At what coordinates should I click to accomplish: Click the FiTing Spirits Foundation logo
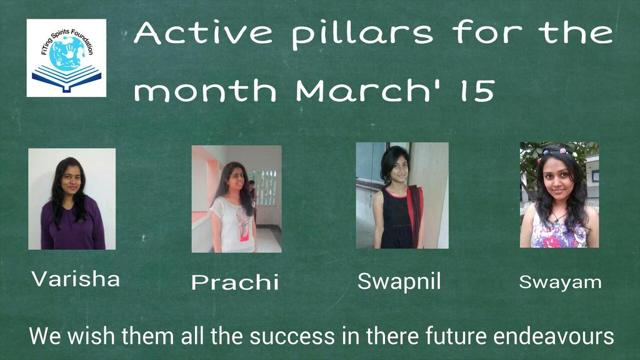pos(66,57)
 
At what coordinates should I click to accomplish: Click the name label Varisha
pos(76,279)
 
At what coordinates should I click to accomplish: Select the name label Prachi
pos(235,282)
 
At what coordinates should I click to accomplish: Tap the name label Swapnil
pos(399,282)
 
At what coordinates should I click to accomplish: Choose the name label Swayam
pos(560,282)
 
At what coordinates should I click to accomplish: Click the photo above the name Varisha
pos(72,199)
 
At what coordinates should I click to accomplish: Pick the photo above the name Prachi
pos(236,199)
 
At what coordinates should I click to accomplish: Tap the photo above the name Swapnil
pos(402,196)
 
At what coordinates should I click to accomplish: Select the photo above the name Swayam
pos(559,195)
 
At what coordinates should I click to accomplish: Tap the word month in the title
pos(206,91)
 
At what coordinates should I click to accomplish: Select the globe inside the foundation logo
pos(67,52)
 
